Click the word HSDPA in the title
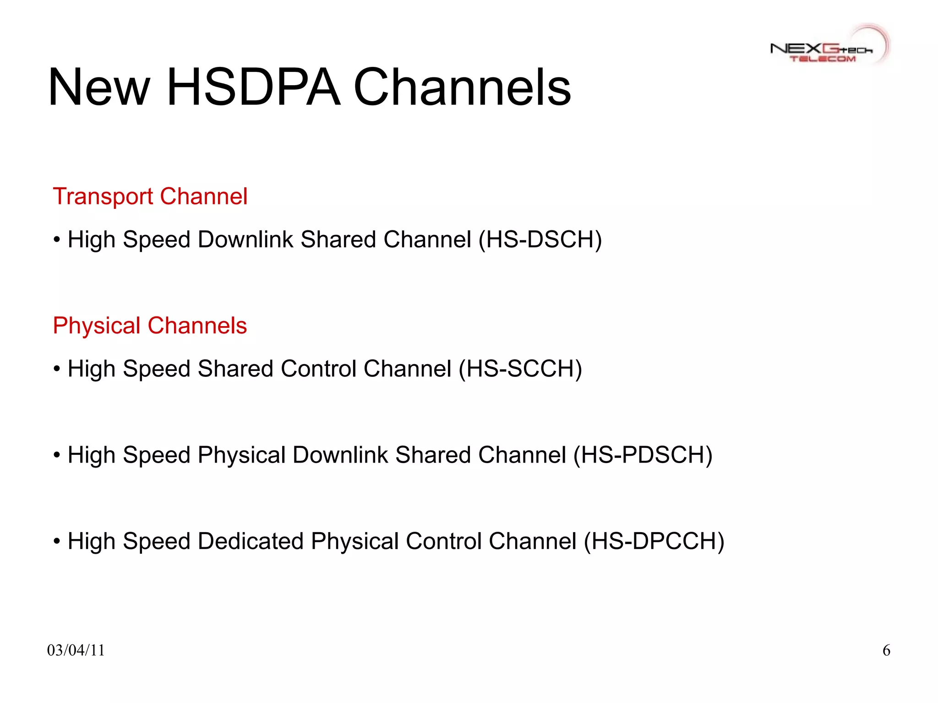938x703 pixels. coord(254,87)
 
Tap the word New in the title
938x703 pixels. coord(99,87)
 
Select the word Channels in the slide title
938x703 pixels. coord(463,87)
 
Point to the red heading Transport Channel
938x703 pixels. coord(150,196)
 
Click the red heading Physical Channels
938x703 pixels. coord(150,326)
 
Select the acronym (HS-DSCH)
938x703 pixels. coord(540,240)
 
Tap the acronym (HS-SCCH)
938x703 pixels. coord(520,369)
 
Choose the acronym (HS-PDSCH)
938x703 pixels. coord(643,455)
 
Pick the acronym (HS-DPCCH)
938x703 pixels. coord(654,541)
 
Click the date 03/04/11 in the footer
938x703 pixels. coord(76,650)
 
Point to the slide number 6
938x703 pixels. coord(886,650)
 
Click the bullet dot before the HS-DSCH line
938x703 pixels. coord(57,240)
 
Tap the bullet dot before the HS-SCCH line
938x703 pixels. coord(57,369)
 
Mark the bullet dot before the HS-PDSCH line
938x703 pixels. coord(57,455)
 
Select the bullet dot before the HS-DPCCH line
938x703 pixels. coord(57,541)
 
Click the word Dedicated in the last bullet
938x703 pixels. coord(251,541)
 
